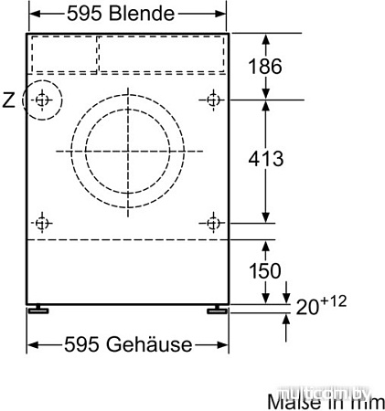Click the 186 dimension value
264,66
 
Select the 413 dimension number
264,159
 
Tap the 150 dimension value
264,271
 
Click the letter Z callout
9,100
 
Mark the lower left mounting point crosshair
42,222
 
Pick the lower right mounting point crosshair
213,222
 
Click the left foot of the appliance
39,311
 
